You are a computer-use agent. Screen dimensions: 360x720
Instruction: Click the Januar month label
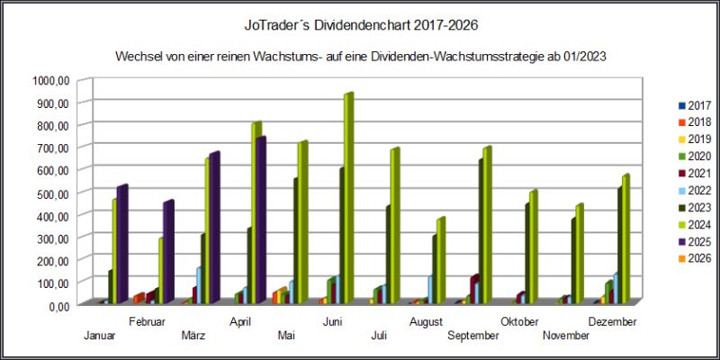(x=98, y=335)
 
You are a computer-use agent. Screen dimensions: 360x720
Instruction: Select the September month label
(x=473, y=335)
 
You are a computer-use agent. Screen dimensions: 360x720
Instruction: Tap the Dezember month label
(x=612, y=321)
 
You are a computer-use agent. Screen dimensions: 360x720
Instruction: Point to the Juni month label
(x=332, y=321)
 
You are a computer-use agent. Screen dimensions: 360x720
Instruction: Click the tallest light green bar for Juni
(x=347, y=198)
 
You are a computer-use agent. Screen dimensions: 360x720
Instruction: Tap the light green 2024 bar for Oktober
(x=533, y=247)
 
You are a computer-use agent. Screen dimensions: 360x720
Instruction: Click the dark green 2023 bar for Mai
(x=295, y=239)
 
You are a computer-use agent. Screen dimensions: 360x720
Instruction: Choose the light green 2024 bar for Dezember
(x=625, y=239)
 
